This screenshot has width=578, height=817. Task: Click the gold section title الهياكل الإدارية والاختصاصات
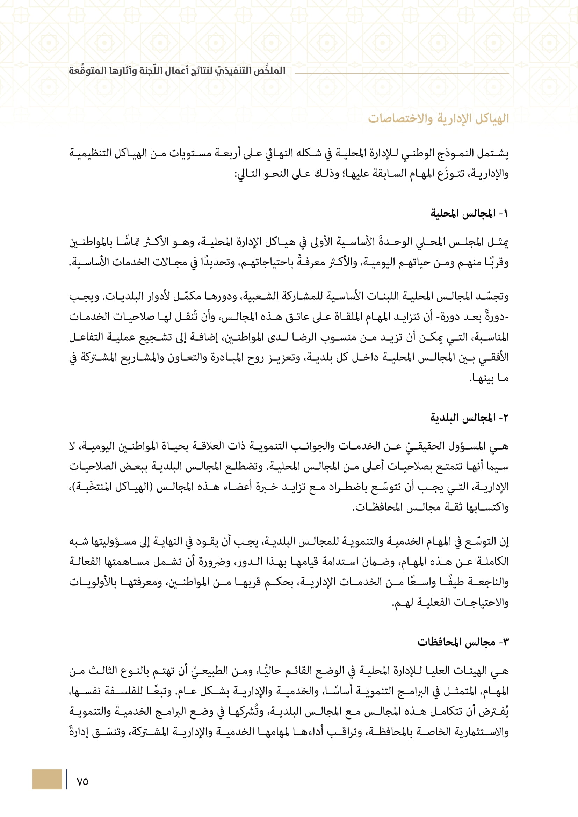click(x=438, y=118)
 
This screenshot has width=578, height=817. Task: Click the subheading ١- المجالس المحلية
click(x=469, y=213)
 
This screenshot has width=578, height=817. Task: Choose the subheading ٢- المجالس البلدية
click(x=469, y=417)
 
